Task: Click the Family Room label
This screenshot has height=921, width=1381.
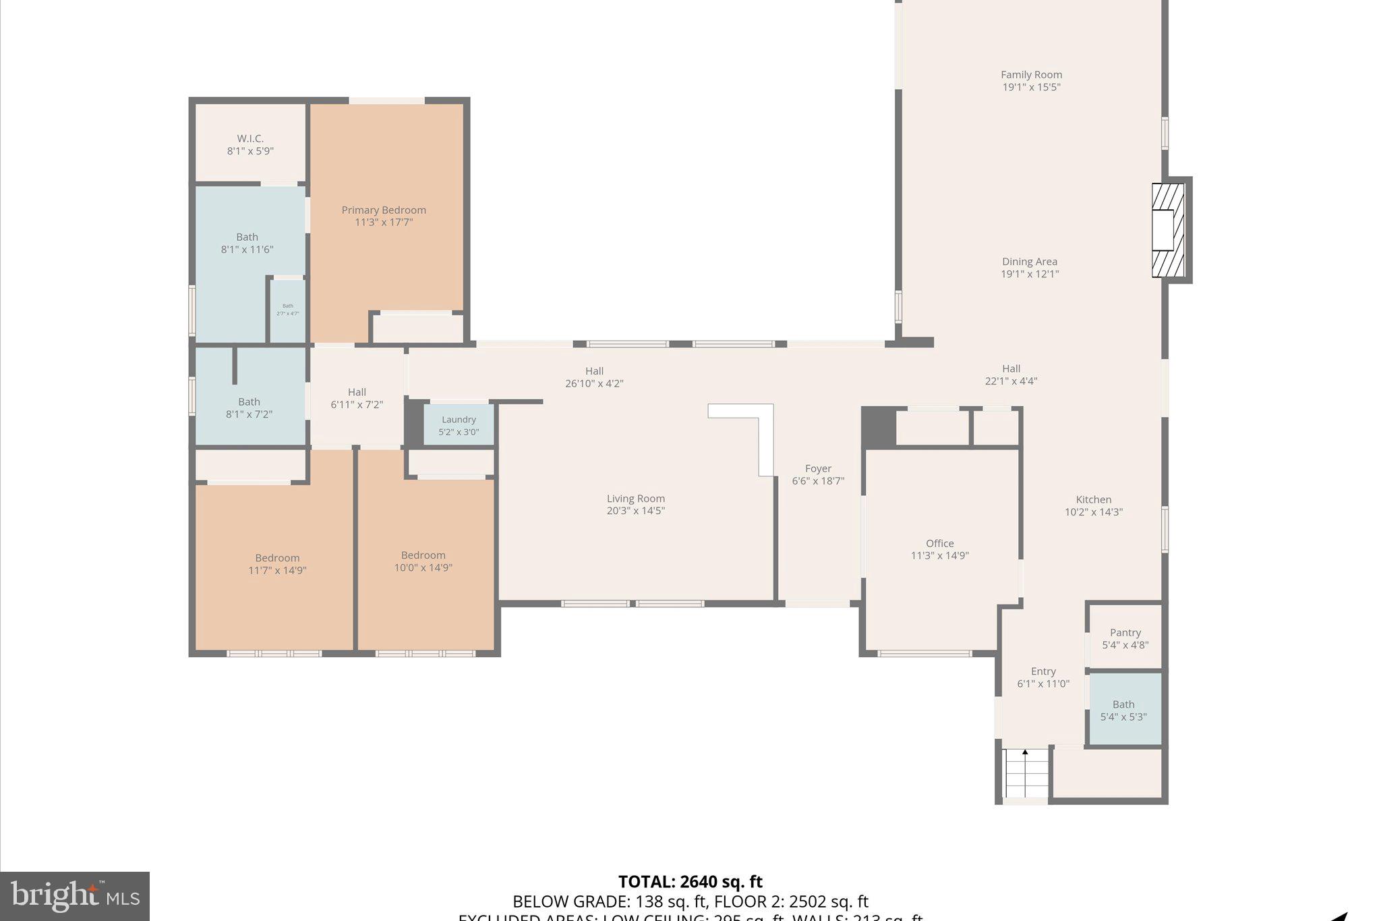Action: pos(1031,75)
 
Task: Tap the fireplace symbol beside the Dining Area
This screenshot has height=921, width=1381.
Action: pos(1168,230)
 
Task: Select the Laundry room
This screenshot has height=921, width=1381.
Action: pos(459,425)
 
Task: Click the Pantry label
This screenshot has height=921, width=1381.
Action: pos(1125,633)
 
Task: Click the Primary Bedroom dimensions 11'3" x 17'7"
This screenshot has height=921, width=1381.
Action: pos(384,223)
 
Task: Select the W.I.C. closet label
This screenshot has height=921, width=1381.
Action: pos(250,139)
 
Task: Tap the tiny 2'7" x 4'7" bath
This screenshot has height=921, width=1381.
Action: pos(288,310)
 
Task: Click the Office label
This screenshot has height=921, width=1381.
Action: pos(939,544)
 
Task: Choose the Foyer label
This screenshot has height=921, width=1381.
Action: pos(818,469)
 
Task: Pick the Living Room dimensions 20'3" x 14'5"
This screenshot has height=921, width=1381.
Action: pos(635,511)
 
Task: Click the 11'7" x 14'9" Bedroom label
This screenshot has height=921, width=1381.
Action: pos(277,558)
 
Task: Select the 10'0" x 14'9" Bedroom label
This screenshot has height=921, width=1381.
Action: pos(423,555)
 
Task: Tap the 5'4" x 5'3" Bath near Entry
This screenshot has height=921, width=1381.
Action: pos(1123,710)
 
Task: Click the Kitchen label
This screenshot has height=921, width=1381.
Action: pos(1093,500)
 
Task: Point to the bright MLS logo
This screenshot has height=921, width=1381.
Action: pos(75,896)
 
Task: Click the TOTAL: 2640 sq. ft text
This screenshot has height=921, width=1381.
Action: pos(690,882)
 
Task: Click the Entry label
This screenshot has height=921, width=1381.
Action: pos(1042,671)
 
